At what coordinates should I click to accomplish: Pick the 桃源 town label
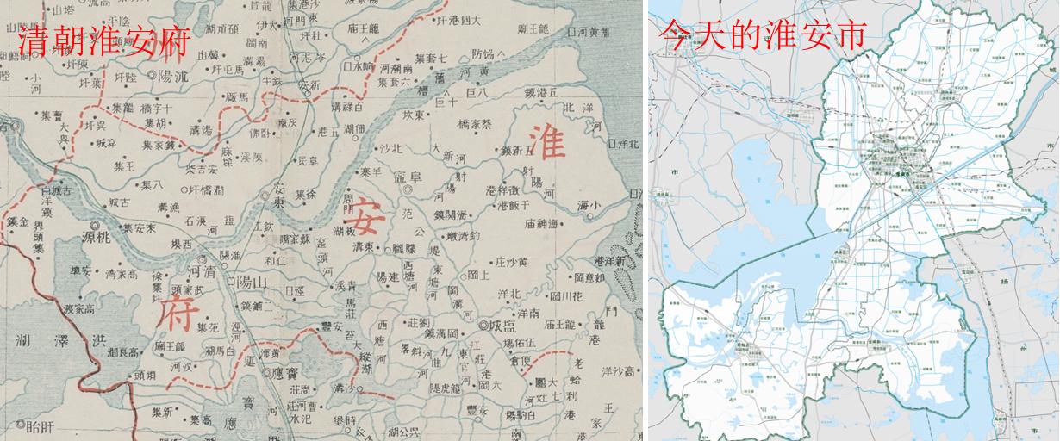coord(96,233)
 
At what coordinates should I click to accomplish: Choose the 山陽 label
coord(250,282)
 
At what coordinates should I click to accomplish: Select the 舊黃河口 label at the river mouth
coord(595,32)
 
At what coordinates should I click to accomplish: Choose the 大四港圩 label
coord(457,19)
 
